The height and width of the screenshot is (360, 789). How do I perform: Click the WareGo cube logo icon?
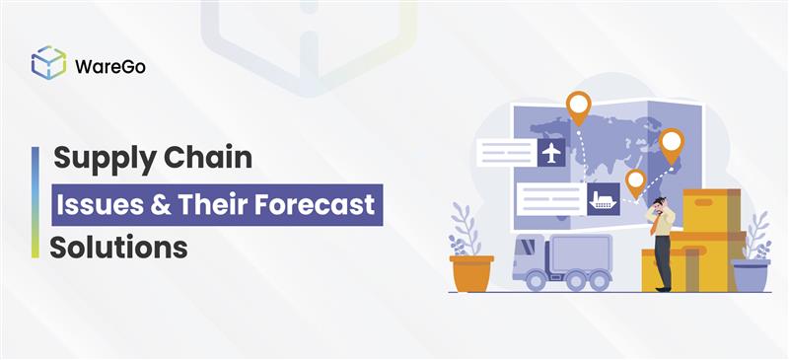[48, 62]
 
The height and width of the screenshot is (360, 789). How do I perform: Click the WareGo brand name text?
[110, 66]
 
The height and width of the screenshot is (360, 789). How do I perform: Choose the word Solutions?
[118, 248]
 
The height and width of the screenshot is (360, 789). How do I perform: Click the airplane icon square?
[551, 153]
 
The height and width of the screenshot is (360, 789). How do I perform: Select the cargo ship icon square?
[603, 199]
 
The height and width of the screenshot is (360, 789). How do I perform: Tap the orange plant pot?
[471, 273]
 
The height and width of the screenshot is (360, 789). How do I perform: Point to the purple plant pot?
[751, 275]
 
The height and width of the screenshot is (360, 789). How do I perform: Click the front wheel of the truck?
[536, 280]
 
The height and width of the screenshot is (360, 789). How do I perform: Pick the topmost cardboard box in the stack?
[711, 210]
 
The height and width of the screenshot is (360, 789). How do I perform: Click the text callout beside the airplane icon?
[507, 153]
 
